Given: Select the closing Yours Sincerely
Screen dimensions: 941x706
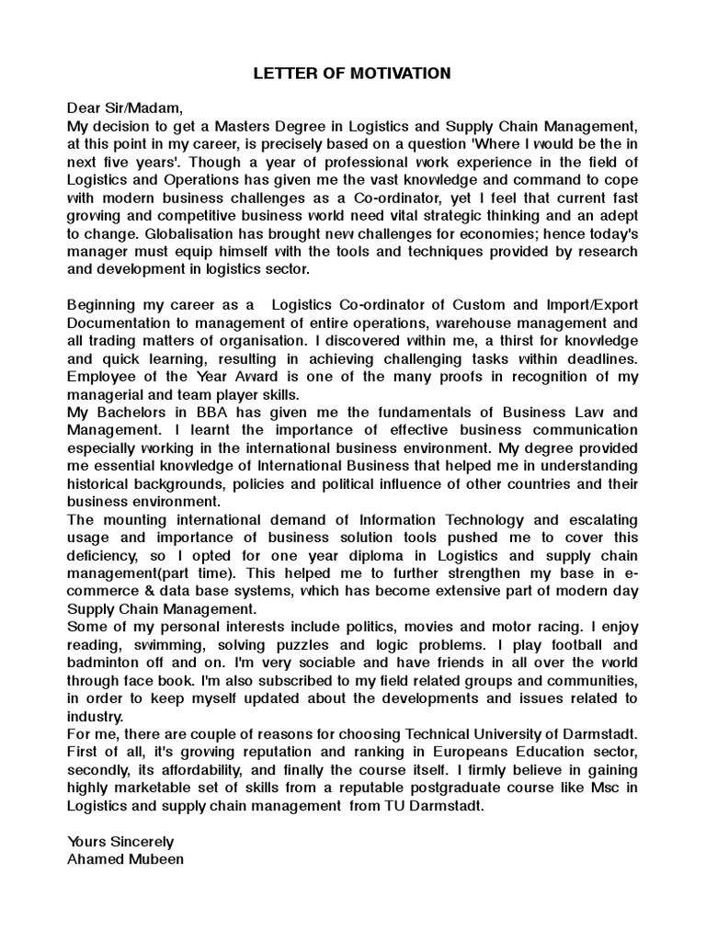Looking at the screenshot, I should coord(120,842).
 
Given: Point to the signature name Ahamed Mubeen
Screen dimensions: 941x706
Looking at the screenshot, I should coord(125,859).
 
